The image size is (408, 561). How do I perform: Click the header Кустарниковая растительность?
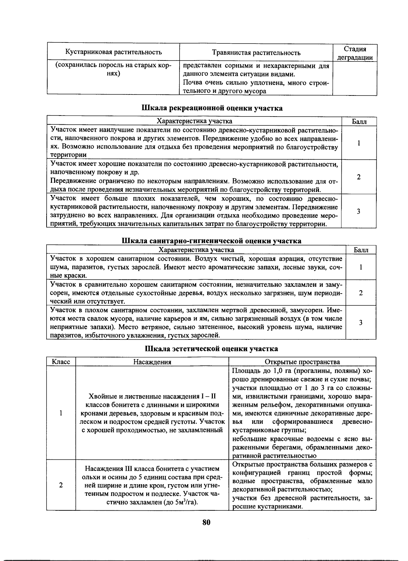[113, 52]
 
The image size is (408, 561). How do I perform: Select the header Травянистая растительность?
[256, 53]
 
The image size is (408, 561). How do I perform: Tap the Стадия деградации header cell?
[355, 53]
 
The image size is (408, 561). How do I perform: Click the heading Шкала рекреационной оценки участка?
[211, 108]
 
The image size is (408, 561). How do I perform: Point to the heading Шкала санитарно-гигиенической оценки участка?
[211, 241]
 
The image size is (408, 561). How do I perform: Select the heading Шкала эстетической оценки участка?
[211, 349]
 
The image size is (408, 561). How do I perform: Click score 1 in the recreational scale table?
[359, 143]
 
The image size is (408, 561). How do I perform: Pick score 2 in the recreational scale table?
[359, 177]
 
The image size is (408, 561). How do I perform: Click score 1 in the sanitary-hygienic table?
[360, 267]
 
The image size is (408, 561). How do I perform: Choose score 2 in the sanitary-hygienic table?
[360, 293]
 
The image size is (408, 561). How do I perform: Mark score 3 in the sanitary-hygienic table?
[360, 322]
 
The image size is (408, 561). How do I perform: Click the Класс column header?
[61, 362]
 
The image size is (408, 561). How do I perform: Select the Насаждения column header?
[152, 362]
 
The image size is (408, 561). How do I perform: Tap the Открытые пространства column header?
[302, 362]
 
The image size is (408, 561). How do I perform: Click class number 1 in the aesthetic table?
[61, 413]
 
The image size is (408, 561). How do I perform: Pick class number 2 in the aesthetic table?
[61, 485]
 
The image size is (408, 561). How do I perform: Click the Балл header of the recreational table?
[359, 121]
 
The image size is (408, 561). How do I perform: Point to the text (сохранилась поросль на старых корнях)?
[113, 69]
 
